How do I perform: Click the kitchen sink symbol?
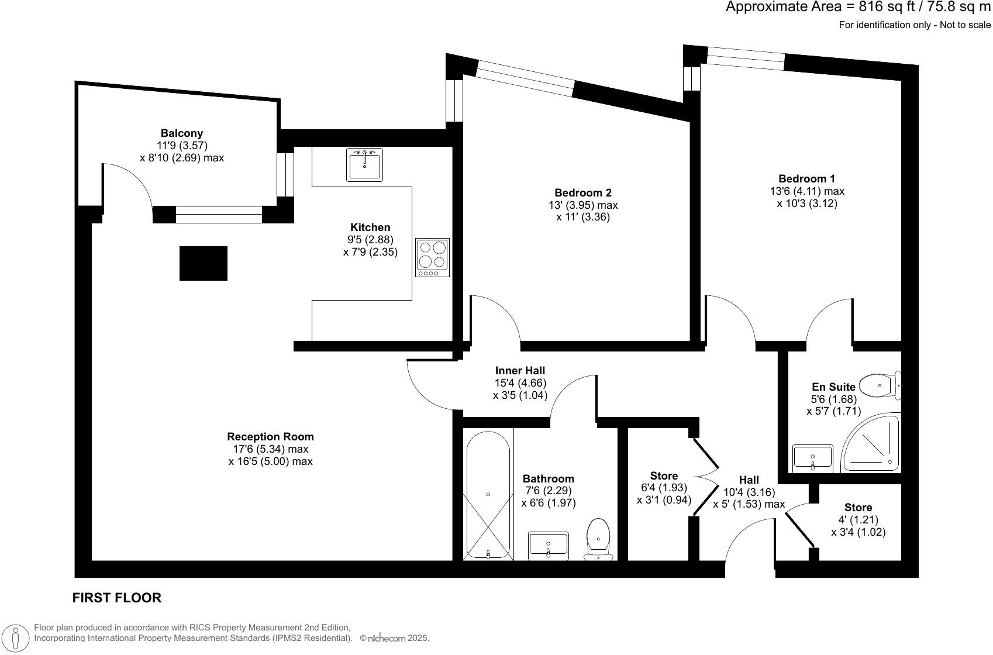point(365,164)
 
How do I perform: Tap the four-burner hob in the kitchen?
point(433,257)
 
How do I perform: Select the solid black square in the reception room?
point(203,263)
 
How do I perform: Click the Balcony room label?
point(182,133)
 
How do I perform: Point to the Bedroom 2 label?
point(582,192)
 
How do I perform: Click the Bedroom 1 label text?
point(806,178)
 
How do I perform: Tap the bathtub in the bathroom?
point(488,495)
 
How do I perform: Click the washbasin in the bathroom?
point(548,544)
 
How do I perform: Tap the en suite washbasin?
point(812,457)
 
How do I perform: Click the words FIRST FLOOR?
point(116,598)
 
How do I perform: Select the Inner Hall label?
point(520,370)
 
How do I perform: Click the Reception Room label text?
point(270,436)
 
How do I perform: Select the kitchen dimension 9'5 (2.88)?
point(370,240)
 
